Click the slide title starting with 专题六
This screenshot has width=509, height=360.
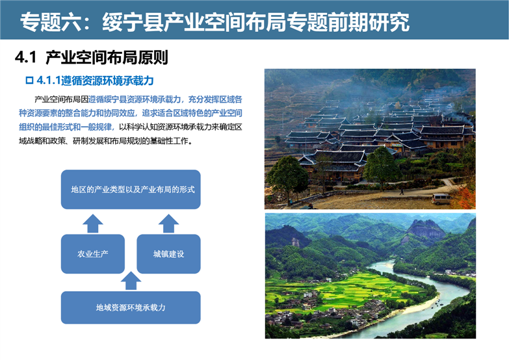(215, 22)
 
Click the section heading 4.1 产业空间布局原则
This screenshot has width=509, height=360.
(91, 57)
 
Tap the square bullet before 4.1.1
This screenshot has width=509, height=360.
(29, 80)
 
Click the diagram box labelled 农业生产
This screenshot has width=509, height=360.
(93, 254)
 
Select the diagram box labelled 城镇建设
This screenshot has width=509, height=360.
(168, 254)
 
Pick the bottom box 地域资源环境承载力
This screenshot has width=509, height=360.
(131, 307)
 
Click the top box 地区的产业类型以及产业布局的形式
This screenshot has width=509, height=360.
(131, 189)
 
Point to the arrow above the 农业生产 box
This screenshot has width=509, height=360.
(93, 224)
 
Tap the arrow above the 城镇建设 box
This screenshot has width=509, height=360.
(168, 224)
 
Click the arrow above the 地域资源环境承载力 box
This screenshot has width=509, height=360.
(131, 281)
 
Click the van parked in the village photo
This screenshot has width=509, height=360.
(442, 199)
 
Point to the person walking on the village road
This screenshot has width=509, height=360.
(402, 192)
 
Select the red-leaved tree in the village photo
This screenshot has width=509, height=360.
(464, 198)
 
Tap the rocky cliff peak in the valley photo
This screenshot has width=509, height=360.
(426, 229)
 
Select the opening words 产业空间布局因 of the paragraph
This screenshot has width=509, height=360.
(61, 99)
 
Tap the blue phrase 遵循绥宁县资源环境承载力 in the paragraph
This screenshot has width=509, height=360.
(135, 99)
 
